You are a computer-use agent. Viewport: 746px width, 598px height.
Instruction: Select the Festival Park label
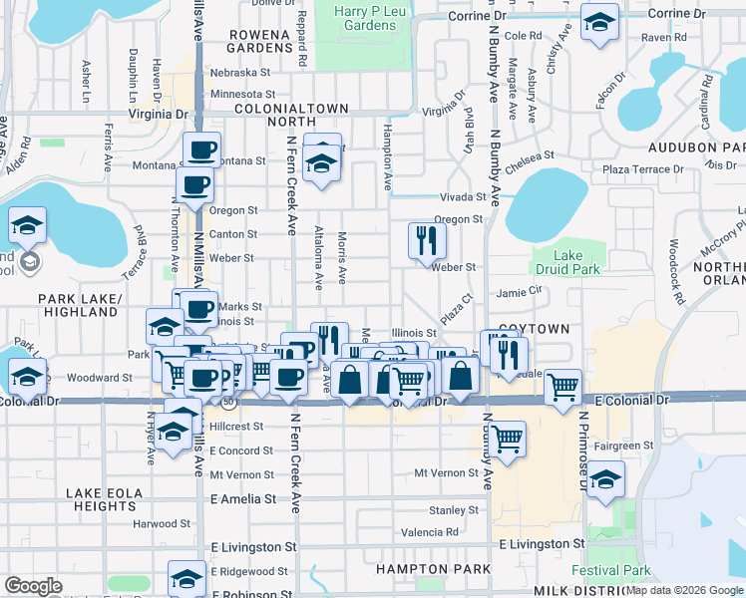[610, 571]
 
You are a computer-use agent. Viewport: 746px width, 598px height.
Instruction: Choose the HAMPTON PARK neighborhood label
[415, 568]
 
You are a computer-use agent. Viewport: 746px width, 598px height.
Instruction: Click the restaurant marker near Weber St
[427, 241]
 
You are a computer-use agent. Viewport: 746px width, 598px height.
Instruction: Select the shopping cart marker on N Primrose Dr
[563, 386]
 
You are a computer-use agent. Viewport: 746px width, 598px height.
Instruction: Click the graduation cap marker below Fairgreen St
[605, 479]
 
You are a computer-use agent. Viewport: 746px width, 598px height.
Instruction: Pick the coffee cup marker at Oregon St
[195, 184]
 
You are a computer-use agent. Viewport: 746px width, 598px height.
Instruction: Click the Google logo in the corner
[34, 585]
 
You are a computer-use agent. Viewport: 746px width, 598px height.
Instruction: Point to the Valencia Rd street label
[431, 532]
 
